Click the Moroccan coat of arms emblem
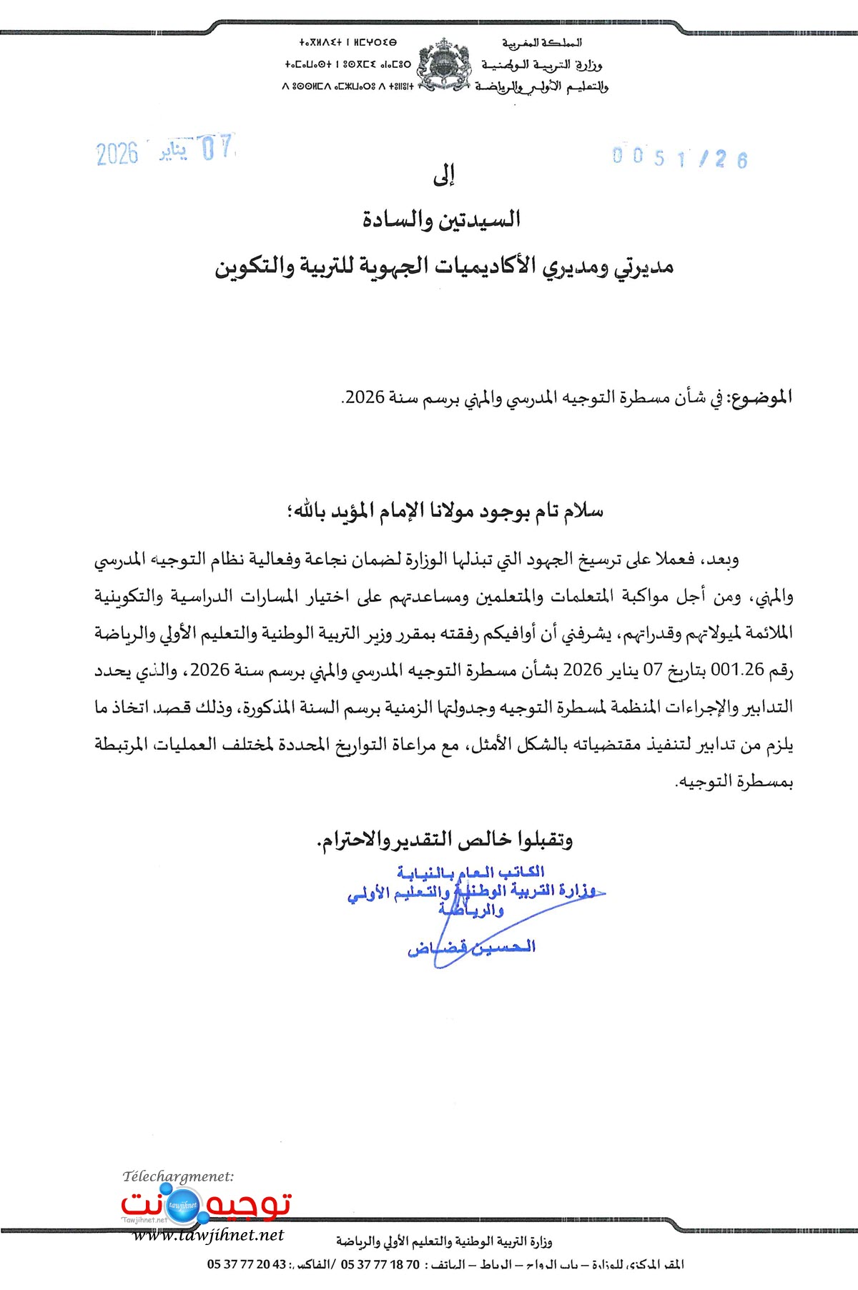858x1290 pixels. pos(444,66)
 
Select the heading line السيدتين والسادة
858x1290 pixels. pos(441,219)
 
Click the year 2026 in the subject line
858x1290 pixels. pos(365,397)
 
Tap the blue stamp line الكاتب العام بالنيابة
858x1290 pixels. pos(470,872)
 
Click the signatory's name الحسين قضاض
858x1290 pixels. pos(471,948)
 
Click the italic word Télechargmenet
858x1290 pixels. pos(178,1176)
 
